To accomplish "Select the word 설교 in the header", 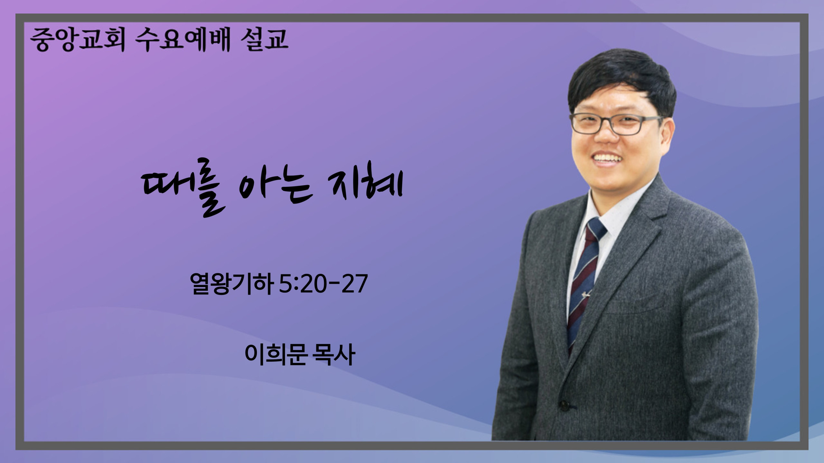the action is [x=264, y=40].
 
